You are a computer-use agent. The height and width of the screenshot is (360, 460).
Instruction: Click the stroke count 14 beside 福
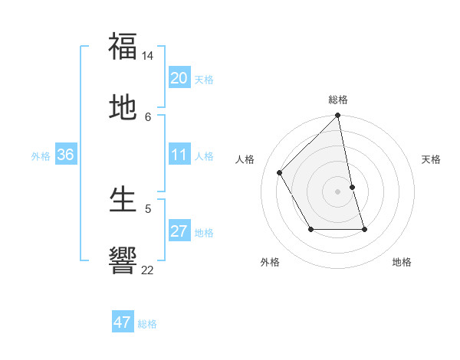pos(148,56)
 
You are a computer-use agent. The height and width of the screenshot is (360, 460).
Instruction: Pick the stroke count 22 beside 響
pos(148,270)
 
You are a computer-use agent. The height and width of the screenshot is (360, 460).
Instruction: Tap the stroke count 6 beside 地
pos(148,116)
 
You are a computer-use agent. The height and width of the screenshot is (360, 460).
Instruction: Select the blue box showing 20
pos(179,78)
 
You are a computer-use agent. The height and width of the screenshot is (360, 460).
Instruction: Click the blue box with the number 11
pos(179,155)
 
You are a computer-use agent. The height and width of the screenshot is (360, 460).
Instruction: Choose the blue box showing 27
pos(179,232)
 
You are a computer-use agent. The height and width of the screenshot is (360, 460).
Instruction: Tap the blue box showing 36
pos(66,155)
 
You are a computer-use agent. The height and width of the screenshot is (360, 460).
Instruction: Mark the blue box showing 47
pos(123,322)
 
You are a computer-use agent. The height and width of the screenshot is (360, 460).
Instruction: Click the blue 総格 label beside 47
pos(148,324)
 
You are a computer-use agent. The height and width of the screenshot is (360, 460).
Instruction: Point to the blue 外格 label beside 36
pos(41,156)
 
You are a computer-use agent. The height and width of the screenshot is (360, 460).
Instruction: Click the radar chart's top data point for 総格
pos(337,116)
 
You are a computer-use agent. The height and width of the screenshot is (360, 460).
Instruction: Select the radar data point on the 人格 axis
pos(280,172)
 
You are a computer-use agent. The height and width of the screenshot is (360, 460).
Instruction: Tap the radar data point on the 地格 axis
pos(364,229)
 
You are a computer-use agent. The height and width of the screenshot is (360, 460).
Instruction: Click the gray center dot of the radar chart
pos(337,191)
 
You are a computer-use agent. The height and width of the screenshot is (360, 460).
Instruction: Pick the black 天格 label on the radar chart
pos(431,159)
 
